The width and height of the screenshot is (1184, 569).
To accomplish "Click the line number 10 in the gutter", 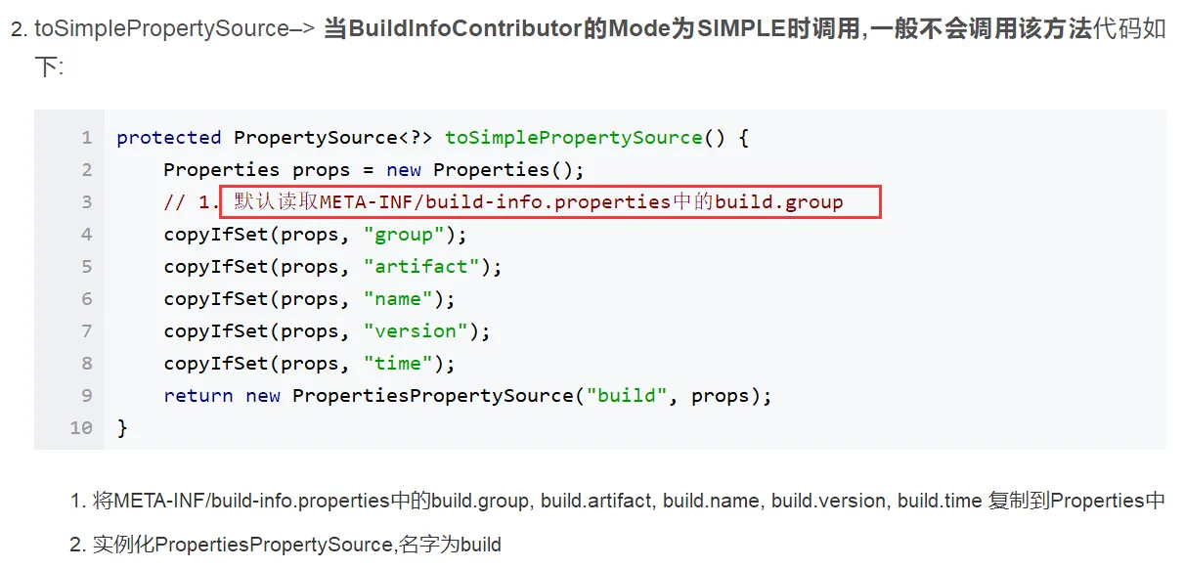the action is click(81, 428).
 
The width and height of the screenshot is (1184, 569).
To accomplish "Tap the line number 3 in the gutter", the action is click(87, 202).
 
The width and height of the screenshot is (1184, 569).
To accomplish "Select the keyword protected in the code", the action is click(169, 138).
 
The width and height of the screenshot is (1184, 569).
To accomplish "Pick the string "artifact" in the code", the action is click(421, 267).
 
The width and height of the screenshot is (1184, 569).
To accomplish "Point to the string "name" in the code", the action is click(398, 299).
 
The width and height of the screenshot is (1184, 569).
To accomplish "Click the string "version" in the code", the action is click(416, 331).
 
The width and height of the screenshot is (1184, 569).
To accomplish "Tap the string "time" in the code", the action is click(398, 364).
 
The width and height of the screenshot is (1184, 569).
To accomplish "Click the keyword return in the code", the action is click(198, 396).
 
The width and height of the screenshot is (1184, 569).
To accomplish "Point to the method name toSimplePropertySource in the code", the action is click(574, 138).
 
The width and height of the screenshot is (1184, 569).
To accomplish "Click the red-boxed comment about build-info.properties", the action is click(550, 203).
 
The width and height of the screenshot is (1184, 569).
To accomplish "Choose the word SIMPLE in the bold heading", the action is click(741, 28).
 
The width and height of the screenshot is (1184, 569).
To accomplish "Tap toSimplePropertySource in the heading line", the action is click(161, 28).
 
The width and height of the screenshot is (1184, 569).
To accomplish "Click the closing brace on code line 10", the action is click(122, 428).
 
